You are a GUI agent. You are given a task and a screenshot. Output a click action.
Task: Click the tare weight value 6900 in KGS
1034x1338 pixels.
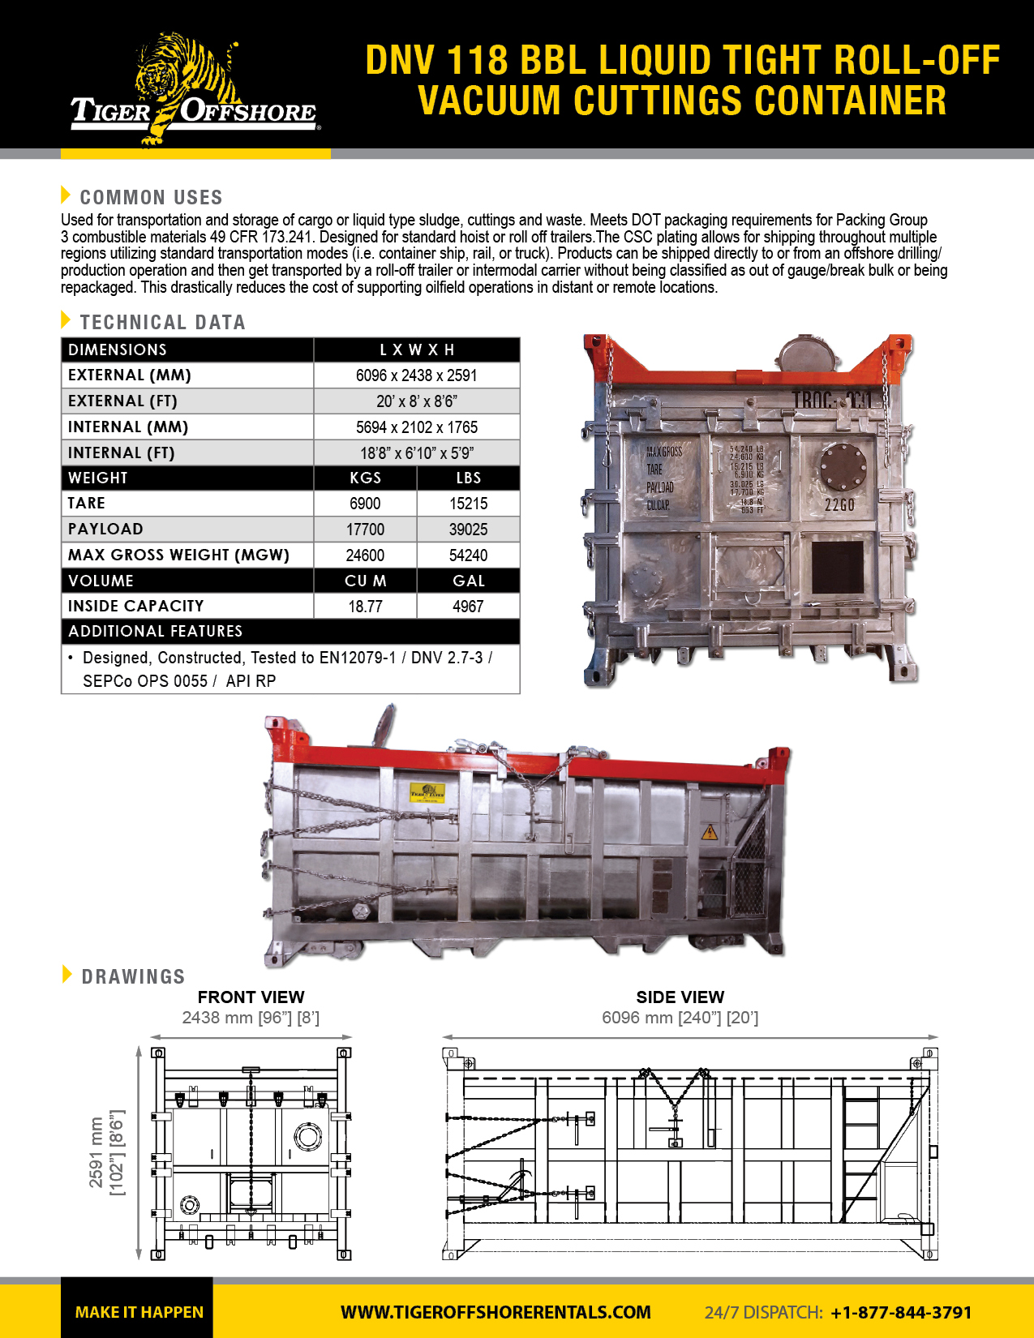(365, 504)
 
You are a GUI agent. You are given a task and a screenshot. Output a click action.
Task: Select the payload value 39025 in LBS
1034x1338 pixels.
(468, 530)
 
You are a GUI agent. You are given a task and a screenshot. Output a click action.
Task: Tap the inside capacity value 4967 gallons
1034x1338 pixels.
(468, 607)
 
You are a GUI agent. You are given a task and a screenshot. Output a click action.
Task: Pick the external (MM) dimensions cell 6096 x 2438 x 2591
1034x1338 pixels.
(416, 375)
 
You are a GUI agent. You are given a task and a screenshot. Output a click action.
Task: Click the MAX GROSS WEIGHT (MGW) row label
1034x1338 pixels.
(178, 555)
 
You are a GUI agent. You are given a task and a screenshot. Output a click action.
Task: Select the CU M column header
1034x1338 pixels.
(365, 581)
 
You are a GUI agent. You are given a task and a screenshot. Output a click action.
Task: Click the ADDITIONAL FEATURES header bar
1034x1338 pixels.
(290, 631)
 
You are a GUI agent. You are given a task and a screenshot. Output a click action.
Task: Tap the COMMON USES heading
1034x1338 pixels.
(151, 197)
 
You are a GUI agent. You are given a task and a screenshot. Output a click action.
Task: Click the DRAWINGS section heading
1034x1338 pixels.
(133, 976)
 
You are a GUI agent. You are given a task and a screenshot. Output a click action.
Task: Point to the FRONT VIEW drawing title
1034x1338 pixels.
(251, 997)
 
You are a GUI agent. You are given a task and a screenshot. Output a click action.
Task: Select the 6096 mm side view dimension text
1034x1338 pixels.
(680, 1018)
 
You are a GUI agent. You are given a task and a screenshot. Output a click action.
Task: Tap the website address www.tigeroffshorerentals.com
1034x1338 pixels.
(496, 1312)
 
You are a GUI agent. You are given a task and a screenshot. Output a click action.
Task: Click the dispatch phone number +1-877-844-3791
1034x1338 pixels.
(901, 1312)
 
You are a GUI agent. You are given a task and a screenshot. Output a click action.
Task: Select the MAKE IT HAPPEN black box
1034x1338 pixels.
(138, 1310)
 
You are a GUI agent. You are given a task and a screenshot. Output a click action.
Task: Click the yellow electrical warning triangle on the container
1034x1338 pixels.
(710, 832)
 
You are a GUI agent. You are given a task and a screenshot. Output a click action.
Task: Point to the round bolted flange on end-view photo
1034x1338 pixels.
(843, 467)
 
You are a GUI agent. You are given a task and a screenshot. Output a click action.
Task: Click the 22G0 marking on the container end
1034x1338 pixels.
(839, 505)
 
